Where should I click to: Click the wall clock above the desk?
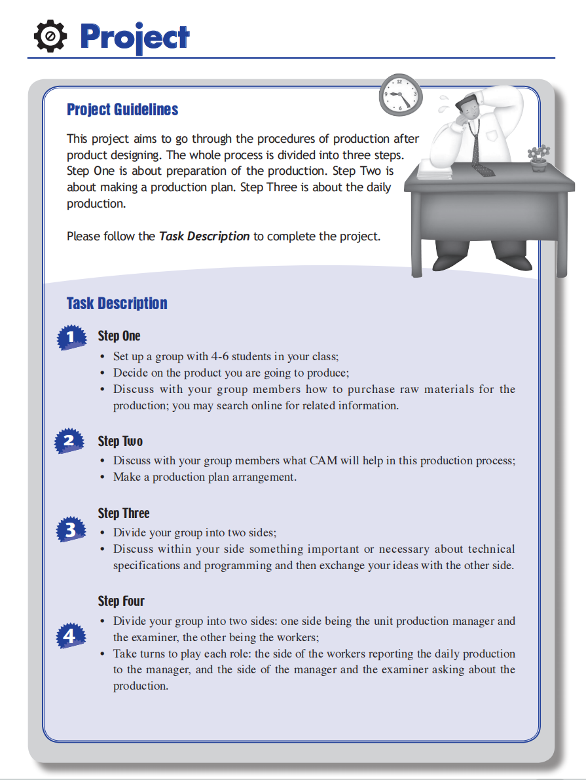pos(401,96)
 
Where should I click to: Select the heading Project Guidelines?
pos(122,109)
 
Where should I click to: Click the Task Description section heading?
pos(117,303)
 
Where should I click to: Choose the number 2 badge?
pos(70,441)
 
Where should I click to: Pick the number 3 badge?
pos(71,529)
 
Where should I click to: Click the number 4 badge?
pos(70,635)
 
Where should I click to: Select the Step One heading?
pos(119,336)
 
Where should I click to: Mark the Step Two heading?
pos(120,441)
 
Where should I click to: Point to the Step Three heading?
pos(124,513)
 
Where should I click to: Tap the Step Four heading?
pos(121,601)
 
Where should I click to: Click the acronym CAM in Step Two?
pos(323,460)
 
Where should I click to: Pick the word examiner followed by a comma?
pos(155,637)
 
